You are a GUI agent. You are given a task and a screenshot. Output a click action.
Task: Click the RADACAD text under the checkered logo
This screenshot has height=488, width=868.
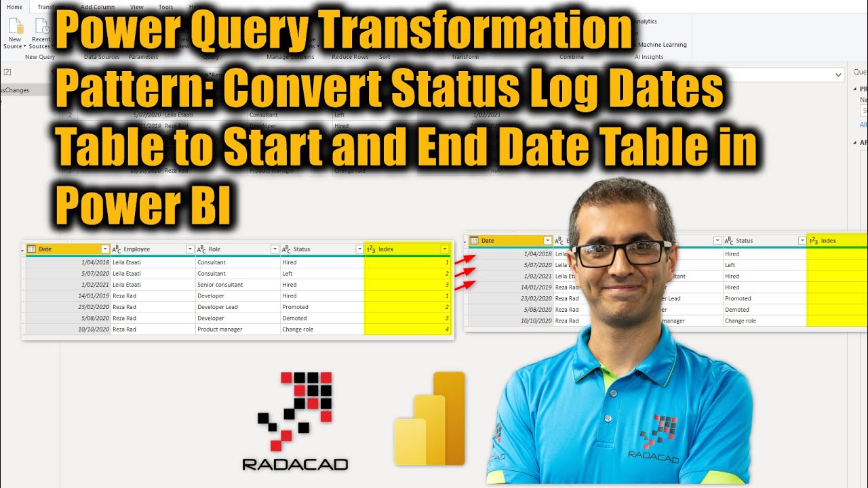coord(295,464)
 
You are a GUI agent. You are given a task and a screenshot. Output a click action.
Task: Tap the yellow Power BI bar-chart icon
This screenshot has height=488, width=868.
coord(430,419)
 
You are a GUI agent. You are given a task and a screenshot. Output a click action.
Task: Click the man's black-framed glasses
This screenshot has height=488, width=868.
coord(621,253)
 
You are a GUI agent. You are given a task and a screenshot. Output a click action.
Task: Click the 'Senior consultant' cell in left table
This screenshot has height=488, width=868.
coord(220,285)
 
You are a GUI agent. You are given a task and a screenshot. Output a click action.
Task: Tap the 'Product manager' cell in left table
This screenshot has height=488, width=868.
coord(220,329)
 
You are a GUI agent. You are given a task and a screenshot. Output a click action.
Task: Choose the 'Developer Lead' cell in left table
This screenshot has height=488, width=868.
coord(219,307)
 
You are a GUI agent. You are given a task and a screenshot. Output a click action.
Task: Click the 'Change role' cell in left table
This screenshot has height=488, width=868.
coord(298,329)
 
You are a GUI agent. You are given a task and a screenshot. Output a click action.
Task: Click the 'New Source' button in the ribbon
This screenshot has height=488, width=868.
coord(15,34)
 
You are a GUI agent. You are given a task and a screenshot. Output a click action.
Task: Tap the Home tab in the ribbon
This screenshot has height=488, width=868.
coord(14,7)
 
